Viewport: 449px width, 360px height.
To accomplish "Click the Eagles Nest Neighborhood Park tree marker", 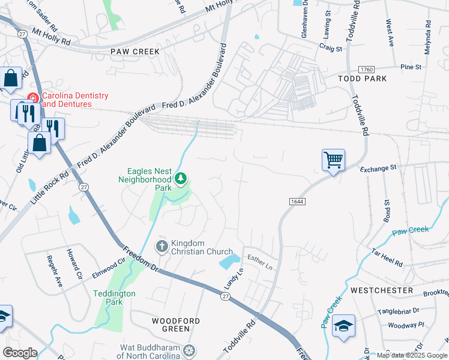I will point(181,178).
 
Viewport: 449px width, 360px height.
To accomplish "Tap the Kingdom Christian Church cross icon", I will point(161,246).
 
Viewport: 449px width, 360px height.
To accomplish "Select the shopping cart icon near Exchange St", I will point(333,160).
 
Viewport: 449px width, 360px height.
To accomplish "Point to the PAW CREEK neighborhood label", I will point(135,52).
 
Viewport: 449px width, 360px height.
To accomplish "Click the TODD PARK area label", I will point(362,79).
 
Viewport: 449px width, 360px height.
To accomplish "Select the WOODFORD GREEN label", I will point(176,325).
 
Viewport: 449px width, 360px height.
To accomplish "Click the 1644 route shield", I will point(297,202).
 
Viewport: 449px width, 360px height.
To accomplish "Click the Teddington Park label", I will point(115,298).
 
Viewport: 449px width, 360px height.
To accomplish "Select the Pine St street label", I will point(411,67).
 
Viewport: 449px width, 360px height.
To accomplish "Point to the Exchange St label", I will point(379,169).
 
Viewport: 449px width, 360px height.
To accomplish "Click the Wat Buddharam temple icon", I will point(190,350).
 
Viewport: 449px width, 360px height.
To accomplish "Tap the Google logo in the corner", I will point(20,353).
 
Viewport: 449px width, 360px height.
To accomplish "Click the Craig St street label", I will point(330,47).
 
